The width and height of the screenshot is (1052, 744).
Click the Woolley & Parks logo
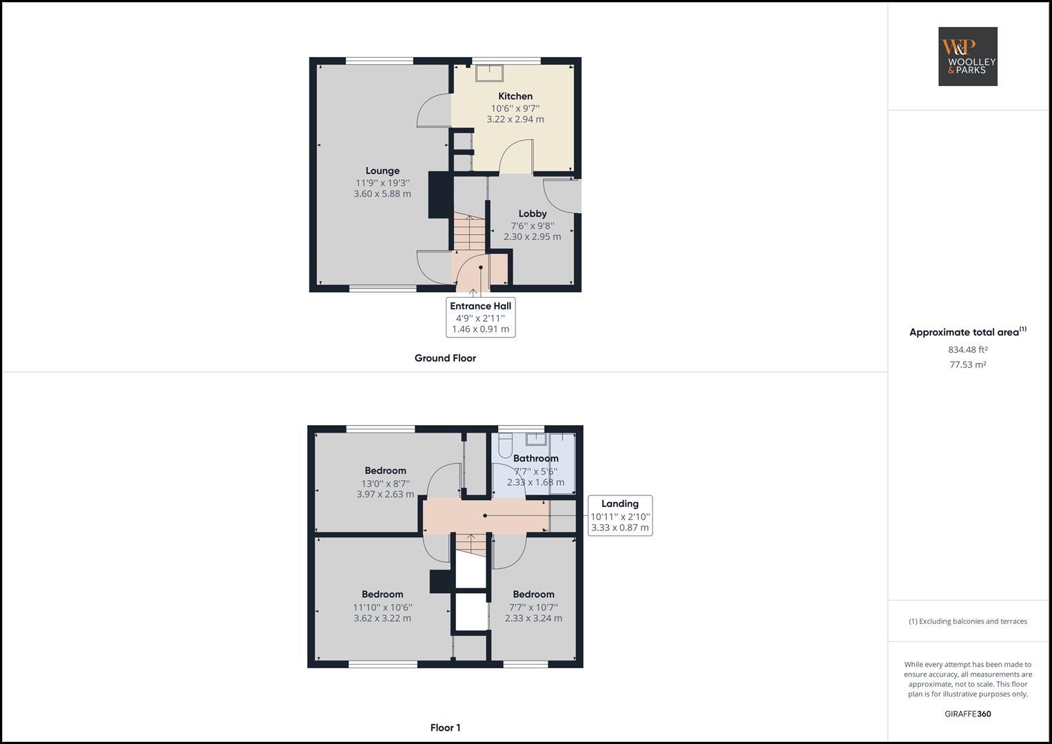[967, 56]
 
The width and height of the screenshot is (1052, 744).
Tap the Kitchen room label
[515, 96]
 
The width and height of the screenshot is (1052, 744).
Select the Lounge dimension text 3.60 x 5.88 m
[382, 194]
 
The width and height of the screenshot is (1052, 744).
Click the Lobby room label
[533, 214]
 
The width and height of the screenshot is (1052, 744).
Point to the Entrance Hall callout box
[480, 318]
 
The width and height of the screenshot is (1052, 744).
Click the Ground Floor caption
[445, 358]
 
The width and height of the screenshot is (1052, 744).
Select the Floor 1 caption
[445, 727]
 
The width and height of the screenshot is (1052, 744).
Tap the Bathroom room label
[535, 458]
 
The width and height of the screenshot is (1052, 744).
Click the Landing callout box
[619, 515]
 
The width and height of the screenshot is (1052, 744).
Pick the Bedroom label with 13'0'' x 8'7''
[385, 471]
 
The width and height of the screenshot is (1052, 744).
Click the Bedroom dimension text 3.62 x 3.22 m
[382, 619]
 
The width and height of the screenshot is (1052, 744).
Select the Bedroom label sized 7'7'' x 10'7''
[533, 595]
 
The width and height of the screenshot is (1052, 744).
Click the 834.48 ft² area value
[967, 349]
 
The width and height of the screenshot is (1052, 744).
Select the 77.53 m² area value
[967, 365]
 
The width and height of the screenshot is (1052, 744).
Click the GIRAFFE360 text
[967, 714]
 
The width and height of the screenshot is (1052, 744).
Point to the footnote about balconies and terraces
[967, 621]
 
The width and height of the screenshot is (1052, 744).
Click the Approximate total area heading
[967, 332]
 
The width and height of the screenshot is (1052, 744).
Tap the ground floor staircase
[469, 233]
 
